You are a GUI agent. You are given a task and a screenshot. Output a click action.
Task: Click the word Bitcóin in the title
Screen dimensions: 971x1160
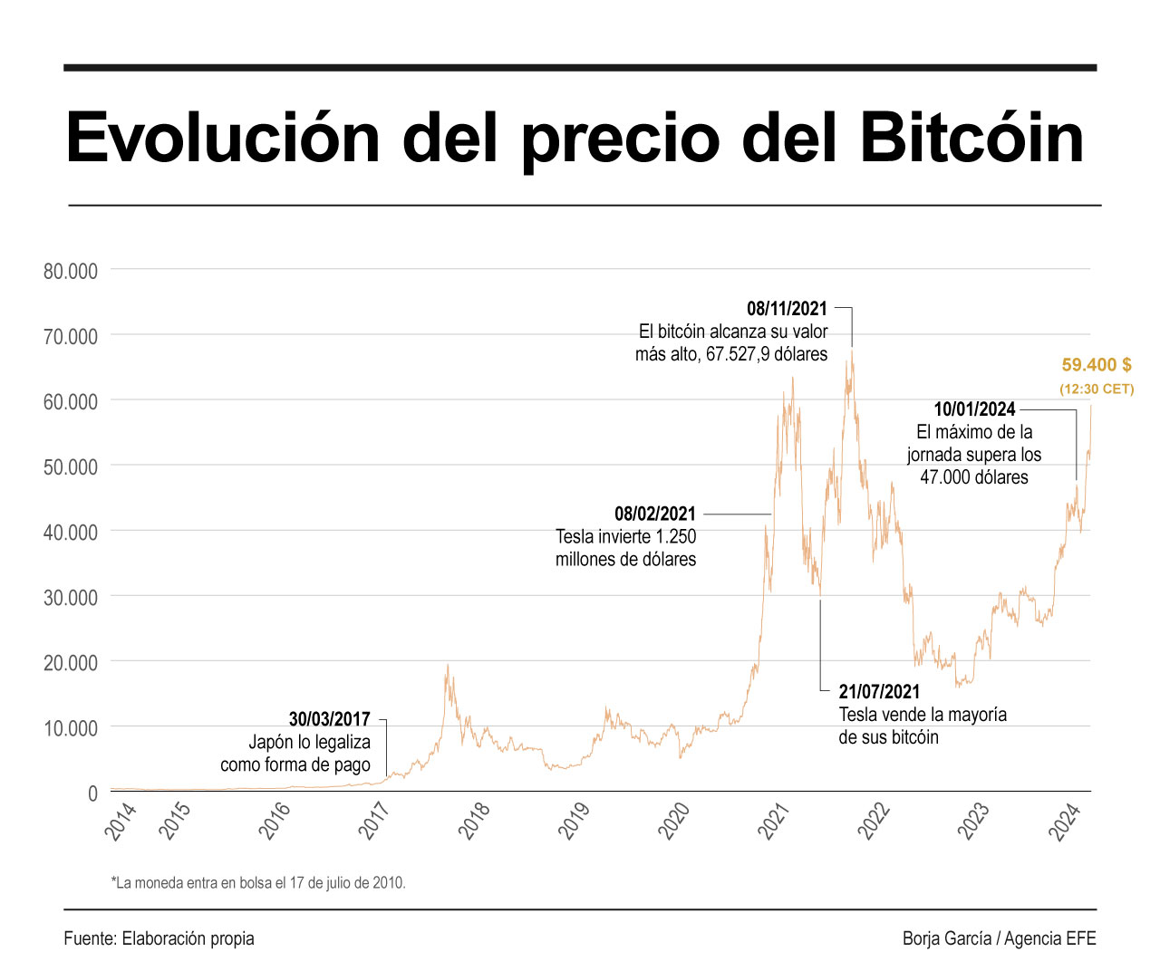(x=971, y=139)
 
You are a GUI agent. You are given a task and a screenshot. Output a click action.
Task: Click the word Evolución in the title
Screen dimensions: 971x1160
(x=223, y=139)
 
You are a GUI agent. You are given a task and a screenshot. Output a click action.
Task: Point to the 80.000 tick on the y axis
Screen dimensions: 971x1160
(x=71, y=271)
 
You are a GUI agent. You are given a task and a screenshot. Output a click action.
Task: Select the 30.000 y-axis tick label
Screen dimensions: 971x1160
(x=71, y=598)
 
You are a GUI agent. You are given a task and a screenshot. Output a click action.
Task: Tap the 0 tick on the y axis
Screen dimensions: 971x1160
(x=92, y=793)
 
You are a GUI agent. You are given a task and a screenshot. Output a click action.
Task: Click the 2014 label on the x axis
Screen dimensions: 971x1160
(x=121, y=821)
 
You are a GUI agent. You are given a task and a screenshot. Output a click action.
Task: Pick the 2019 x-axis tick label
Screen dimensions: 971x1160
(x=574, y=821)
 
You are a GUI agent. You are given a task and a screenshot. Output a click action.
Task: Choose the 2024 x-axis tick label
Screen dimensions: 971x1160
(x=1066, y=822)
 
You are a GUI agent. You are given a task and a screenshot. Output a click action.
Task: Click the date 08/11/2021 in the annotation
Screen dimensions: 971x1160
(x=787, y=309)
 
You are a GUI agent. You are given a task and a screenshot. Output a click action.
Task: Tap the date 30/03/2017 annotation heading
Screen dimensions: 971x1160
(x=329, y=719)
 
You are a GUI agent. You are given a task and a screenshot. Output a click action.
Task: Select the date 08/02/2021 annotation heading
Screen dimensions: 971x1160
(x=654, y=514)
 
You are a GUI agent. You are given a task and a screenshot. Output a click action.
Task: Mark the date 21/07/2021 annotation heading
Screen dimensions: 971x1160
(x=879, y=692)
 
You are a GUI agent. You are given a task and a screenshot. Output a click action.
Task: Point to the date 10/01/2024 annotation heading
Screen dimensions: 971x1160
(x=974, y=409)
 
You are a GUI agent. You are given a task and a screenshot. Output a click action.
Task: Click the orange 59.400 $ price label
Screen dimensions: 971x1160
(x=1097, y=365)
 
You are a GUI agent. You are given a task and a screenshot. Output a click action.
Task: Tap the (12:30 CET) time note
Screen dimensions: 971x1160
(x=1097, y=389)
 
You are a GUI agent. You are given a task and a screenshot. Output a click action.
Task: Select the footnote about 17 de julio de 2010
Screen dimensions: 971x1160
(x=258, y=882)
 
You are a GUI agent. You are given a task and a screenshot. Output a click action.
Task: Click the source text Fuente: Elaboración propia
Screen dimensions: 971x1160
(x=159, y=938)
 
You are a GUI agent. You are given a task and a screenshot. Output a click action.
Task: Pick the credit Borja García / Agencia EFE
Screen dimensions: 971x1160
(x=999, y=938)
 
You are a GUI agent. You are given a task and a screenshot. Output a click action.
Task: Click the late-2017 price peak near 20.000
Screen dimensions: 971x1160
(x=447, y=667)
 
